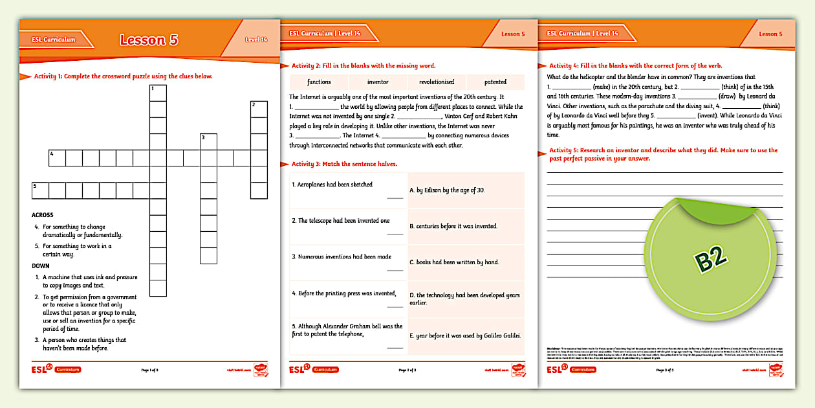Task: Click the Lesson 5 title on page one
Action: click(x=149, y=40)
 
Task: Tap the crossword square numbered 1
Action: click(x=158, y=93)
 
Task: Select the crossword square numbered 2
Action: click(x=259, y=109)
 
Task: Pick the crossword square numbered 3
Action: click(x=208, y=142)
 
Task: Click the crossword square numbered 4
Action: click(x=57, y=158)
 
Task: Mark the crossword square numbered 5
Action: click(x=40, y=190)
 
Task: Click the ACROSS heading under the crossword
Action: click(x=43, y=215)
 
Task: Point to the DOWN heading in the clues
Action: click(x=41, y=266)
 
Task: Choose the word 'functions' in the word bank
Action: click(x=319, y=82)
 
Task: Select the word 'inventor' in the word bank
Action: click(x=378, y=82)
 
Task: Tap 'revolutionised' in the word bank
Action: click(x=437, y=82)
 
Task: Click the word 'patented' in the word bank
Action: click(x=495, y=82)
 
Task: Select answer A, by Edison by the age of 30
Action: click(x=447, y=190)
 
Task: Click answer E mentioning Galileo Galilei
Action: click(x=465, y=335)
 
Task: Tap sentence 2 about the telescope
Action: click(x=340, y=221)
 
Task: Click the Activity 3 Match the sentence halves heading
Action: click(x=344, y=164)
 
